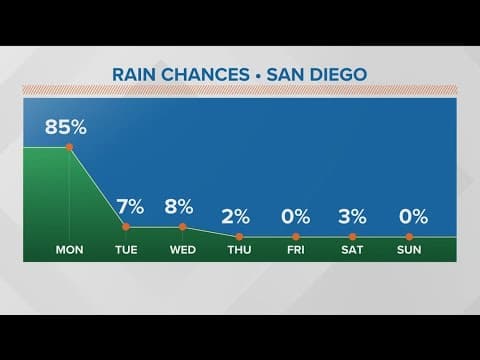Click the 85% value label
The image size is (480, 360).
pos(67,127)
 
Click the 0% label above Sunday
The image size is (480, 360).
pos(411,216)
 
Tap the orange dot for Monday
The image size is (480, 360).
pos(69,147)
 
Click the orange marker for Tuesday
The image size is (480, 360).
pos(126,227)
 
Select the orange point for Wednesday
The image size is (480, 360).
pos(182,227)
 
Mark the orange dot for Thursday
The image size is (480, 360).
pos(239,236)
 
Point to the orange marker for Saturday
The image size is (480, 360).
pos(352,236)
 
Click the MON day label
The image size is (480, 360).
pos(69,249)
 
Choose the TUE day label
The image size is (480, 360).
pos(126,249)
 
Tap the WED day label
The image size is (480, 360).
pos(182,249)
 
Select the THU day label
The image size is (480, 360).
pos(239,249)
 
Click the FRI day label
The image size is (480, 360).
pos(296,249)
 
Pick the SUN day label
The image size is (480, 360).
pos(409,249)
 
